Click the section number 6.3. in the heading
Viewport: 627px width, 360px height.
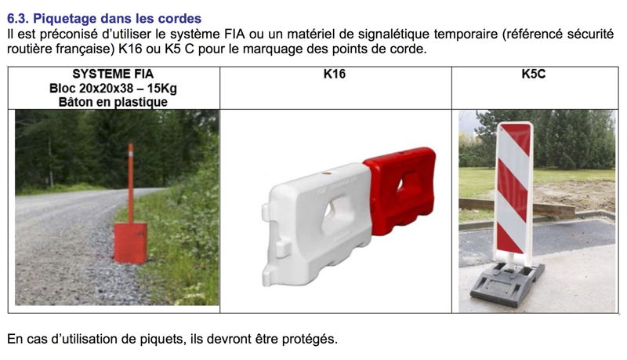[x=18, y=18]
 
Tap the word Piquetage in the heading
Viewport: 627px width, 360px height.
[x=65, y=19]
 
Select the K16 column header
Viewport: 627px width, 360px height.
[x=335, y=74]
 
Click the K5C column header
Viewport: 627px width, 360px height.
[x=534, y=74]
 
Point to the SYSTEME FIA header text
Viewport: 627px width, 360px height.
[x=113, y=74]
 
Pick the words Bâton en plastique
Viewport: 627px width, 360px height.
[x=113, y=102]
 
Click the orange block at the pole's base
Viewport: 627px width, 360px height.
[x=130, y=243]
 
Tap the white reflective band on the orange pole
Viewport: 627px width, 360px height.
[x=131, y=151]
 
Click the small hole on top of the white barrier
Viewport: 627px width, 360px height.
[x=327, y=174]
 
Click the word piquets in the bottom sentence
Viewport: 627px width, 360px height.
[x=161, y=340]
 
